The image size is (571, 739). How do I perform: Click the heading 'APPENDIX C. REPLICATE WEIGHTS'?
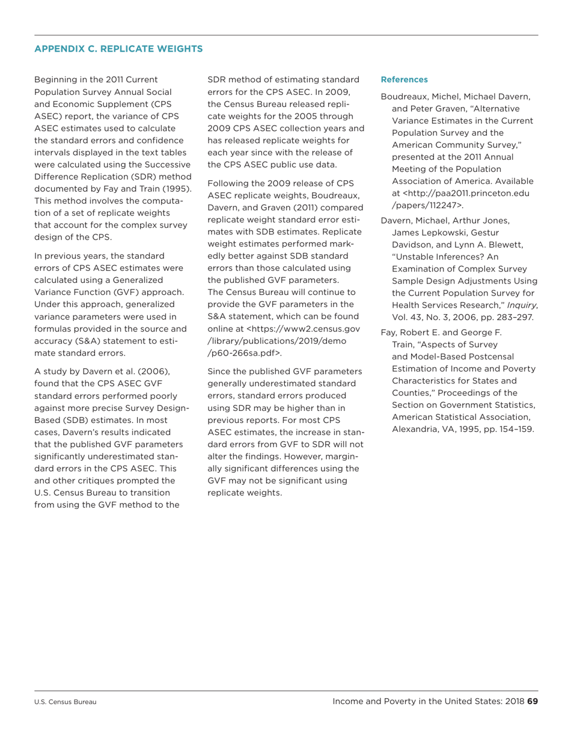(118, 49)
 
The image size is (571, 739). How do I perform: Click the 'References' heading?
(405, 79)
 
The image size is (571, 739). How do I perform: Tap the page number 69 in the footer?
(532, 701)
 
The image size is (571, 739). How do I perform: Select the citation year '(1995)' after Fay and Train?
(178, 188)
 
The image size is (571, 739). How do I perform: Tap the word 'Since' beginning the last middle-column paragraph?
(219, 371)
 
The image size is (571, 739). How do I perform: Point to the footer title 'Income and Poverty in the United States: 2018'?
(428, 701)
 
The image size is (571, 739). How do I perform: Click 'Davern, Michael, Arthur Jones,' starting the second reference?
(445, 220)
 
